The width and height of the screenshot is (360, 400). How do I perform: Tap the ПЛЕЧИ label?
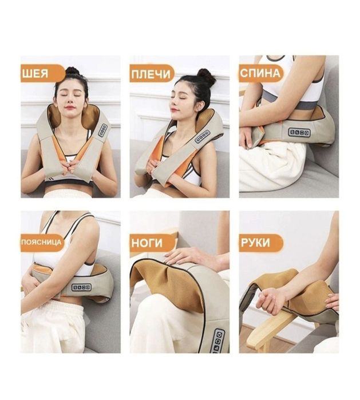pos(152,73)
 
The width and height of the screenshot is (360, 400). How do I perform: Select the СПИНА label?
pos(260,73)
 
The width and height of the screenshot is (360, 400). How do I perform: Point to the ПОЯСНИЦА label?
pos(42,242)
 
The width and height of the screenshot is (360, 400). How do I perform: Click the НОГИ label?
pos(152,243)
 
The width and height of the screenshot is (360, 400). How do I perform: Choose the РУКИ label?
pos(261,243)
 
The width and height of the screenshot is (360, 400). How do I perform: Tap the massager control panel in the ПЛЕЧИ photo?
pos(203,136)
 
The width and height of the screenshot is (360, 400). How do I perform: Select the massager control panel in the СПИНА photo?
pos(299,132)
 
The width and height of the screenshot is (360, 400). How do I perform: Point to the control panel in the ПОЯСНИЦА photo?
pos(81,287)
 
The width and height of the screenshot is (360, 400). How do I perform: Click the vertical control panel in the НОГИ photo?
pos(217,341)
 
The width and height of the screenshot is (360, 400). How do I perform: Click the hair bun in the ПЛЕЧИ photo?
pos(206,77)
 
